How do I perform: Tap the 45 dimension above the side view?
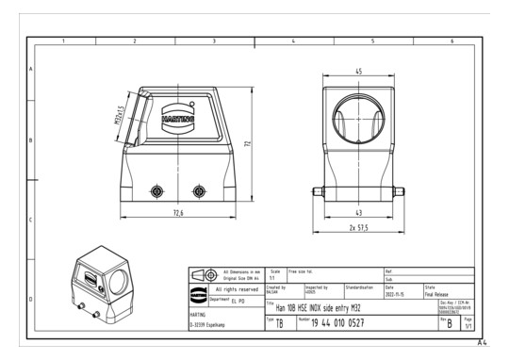(x=359, y=73)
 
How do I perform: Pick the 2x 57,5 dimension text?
(x=360, y=229)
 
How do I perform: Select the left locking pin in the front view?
(x=155, y=192)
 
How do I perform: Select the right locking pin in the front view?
(x=198, y=192)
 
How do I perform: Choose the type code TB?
(x=279, y=323)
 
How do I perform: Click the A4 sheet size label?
(x=481, y=344)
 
